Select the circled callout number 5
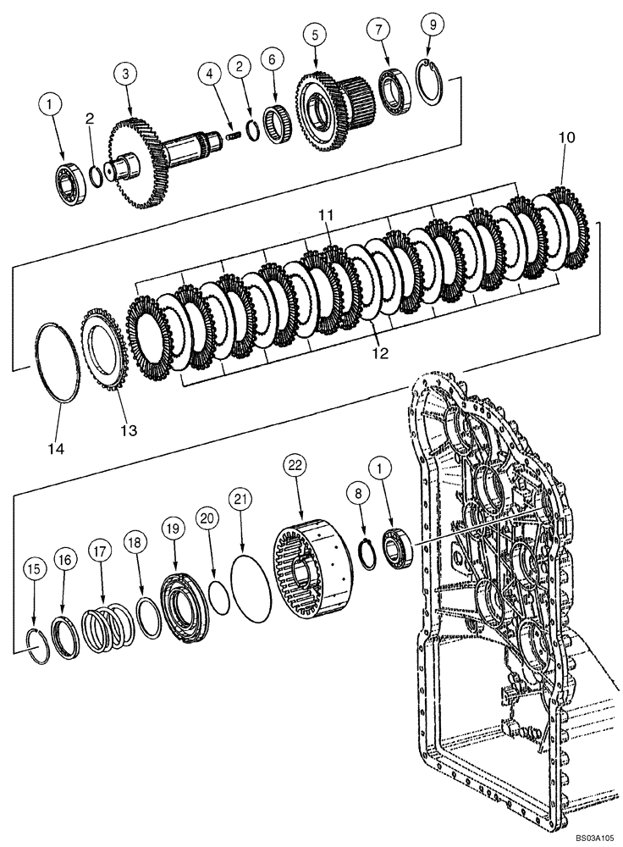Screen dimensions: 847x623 315,36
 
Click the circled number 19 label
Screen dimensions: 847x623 174,529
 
